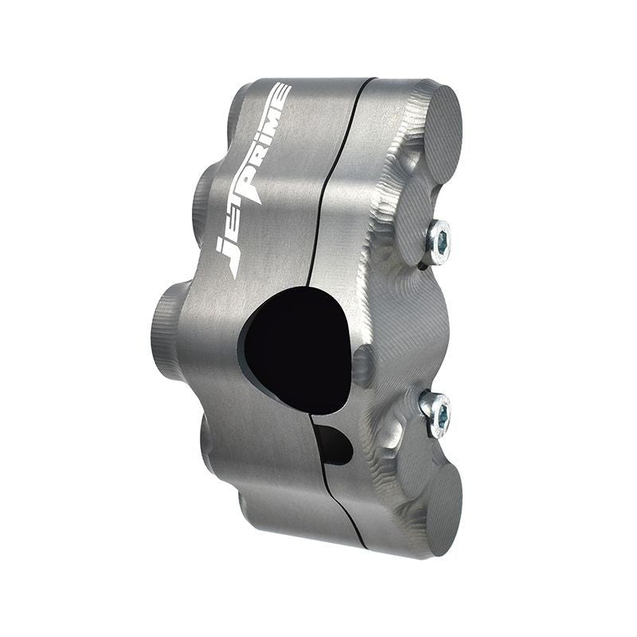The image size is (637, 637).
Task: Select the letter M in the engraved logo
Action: (276, 115)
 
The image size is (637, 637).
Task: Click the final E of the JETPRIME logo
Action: (282, 92)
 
